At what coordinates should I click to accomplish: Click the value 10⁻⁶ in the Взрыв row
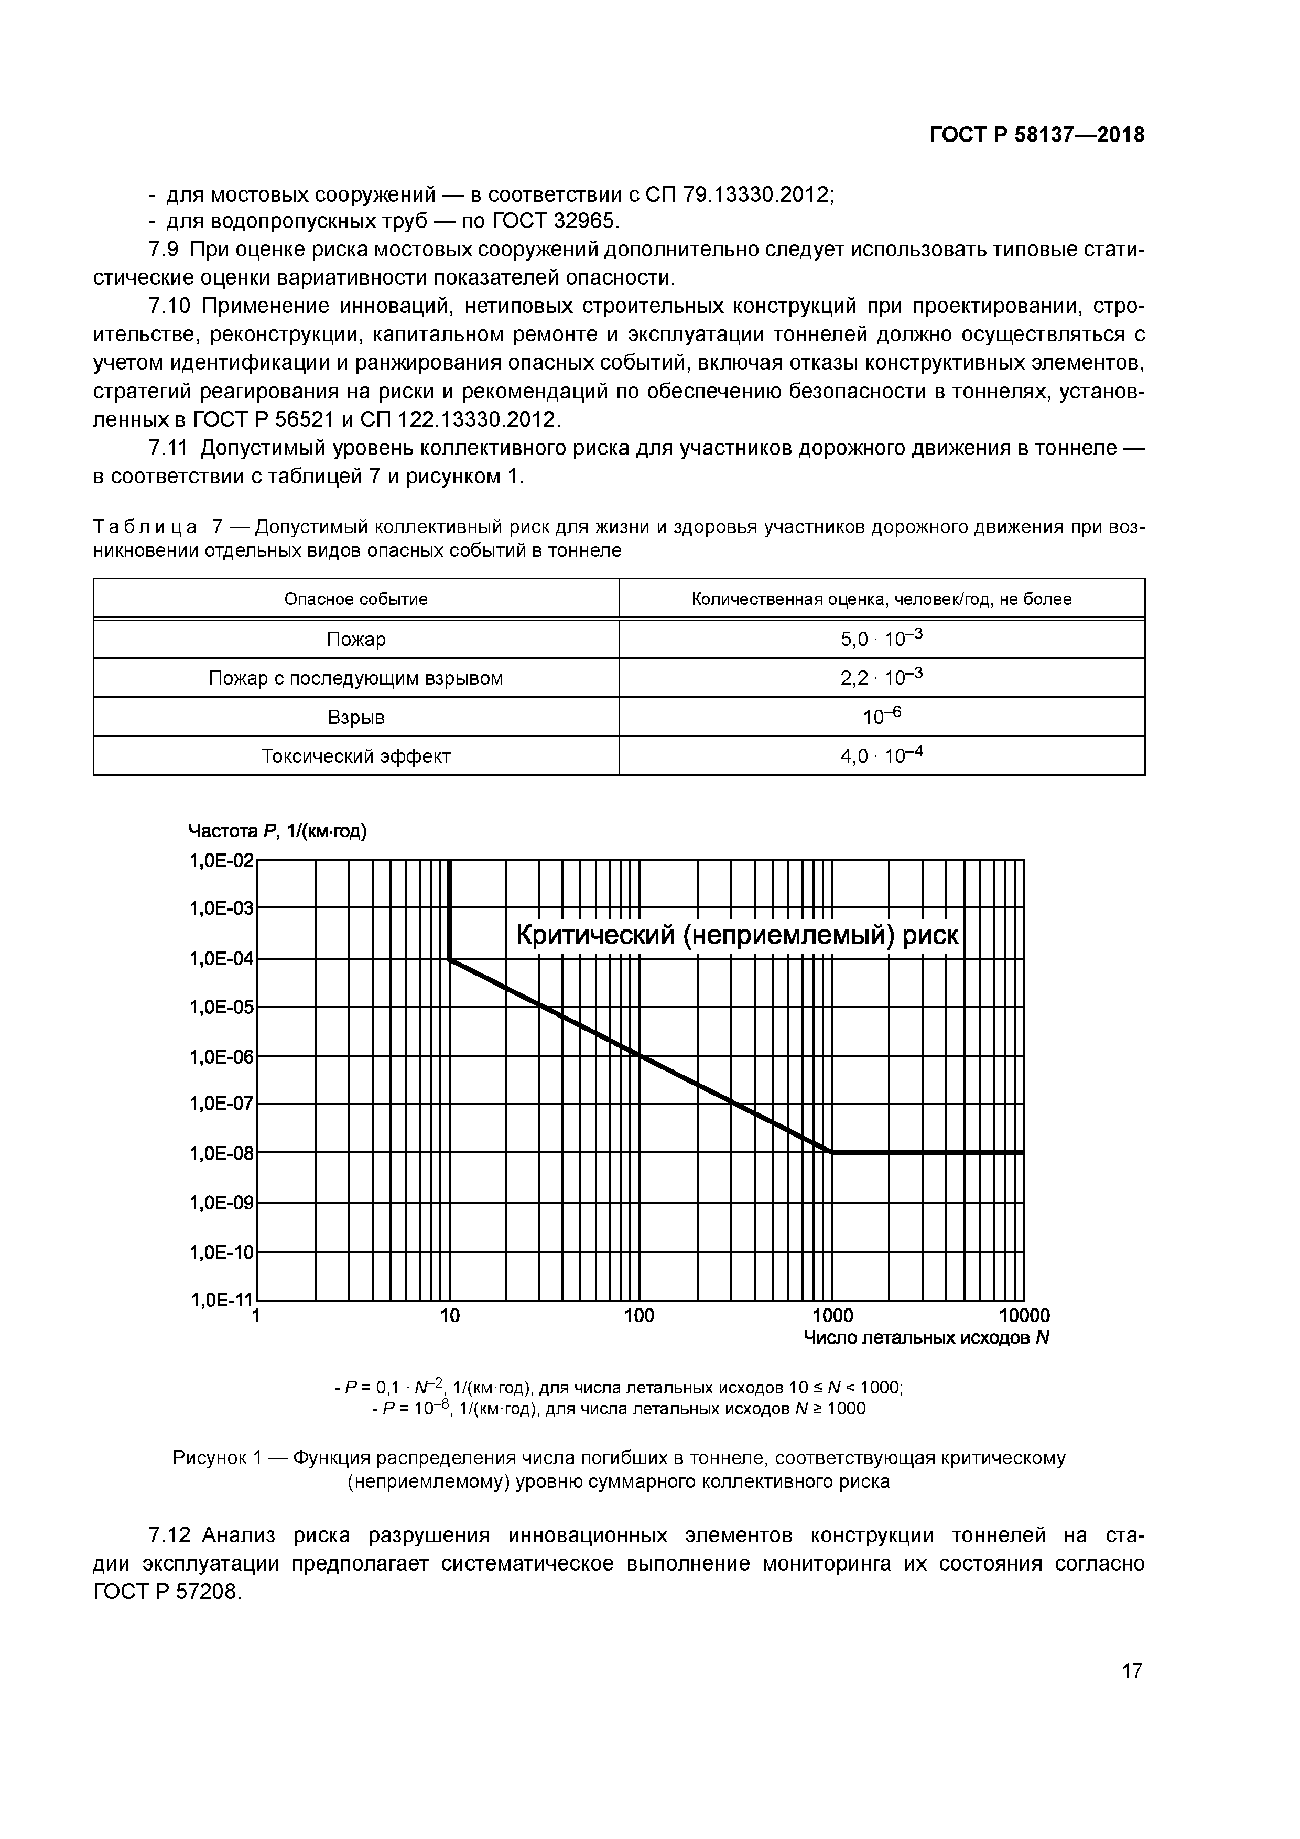[881, 716]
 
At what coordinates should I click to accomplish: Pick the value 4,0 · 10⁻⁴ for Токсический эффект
[881, 755]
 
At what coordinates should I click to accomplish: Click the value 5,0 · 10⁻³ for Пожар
[881, 639]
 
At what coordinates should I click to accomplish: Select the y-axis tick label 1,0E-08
[221, 1153]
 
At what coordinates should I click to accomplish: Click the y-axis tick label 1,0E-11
[221, 1300]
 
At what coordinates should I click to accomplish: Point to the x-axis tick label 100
[639, 1316]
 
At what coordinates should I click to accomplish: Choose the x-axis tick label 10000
[1024, 1316]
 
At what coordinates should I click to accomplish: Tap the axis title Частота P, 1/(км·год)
[277, 831]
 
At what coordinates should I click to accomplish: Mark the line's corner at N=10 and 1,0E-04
[450, 959]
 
